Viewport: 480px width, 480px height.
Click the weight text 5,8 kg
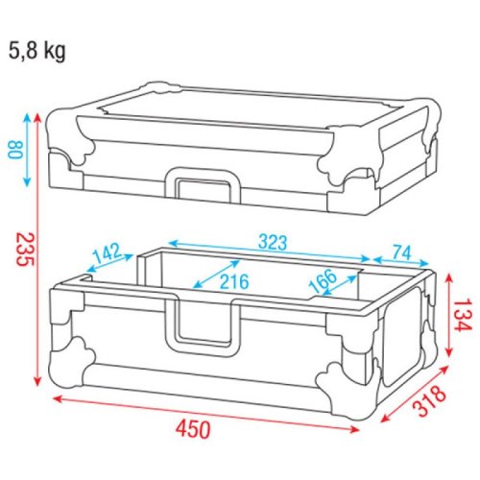[x=38, y=51]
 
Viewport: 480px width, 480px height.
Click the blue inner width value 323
[x=273, y=243]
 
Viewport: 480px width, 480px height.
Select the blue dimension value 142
[x=107, y=254]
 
